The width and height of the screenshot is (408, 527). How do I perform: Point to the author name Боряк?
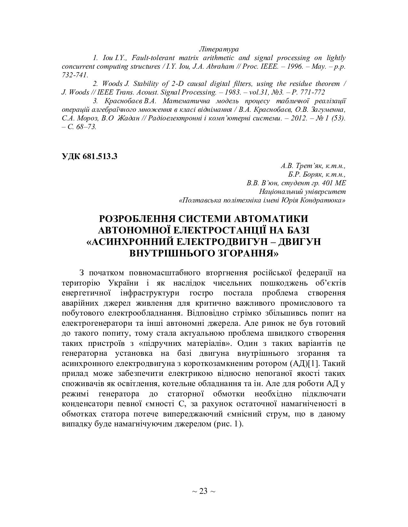(311, 175)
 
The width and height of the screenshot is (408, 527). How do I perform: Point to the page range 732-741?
(75, 75)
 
